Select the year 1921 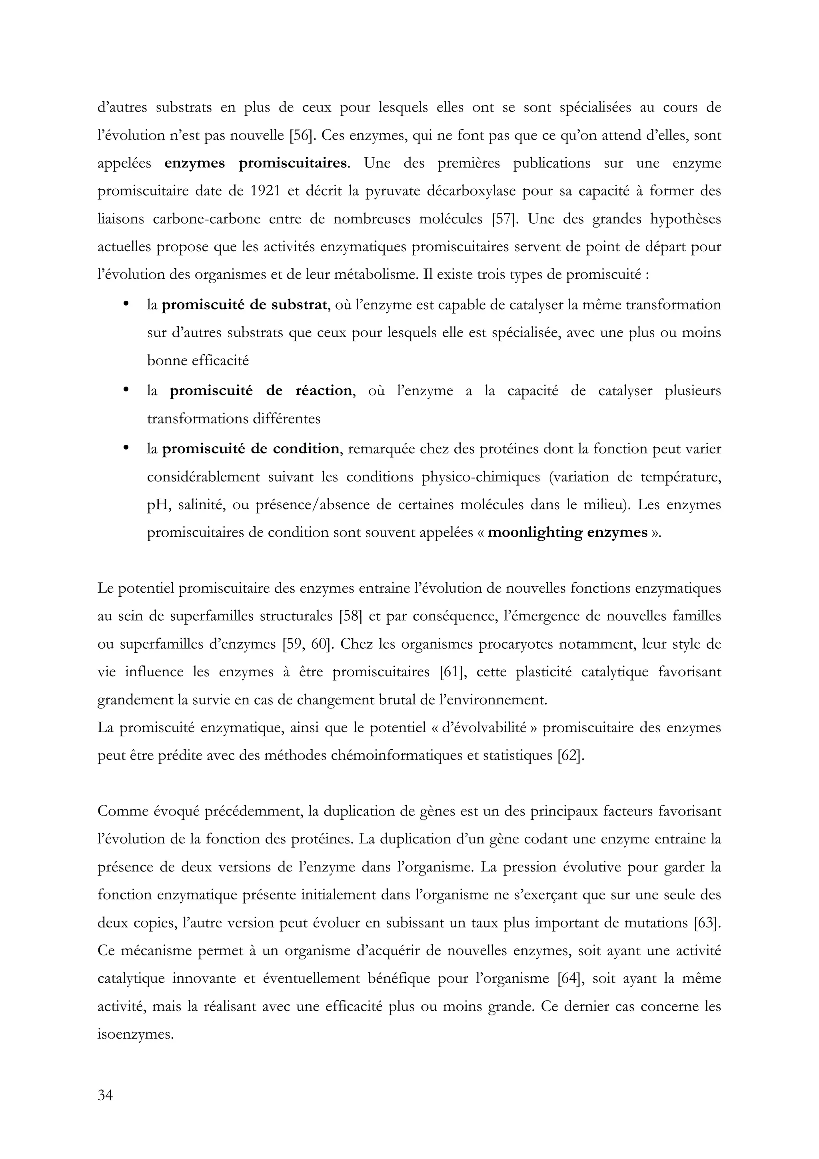263,191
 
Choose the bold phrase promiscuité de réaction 260,391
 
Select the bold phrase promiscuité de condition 251,449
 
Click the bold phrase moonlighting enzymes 567,533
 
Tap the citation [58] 351,616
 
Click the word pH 157,505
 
